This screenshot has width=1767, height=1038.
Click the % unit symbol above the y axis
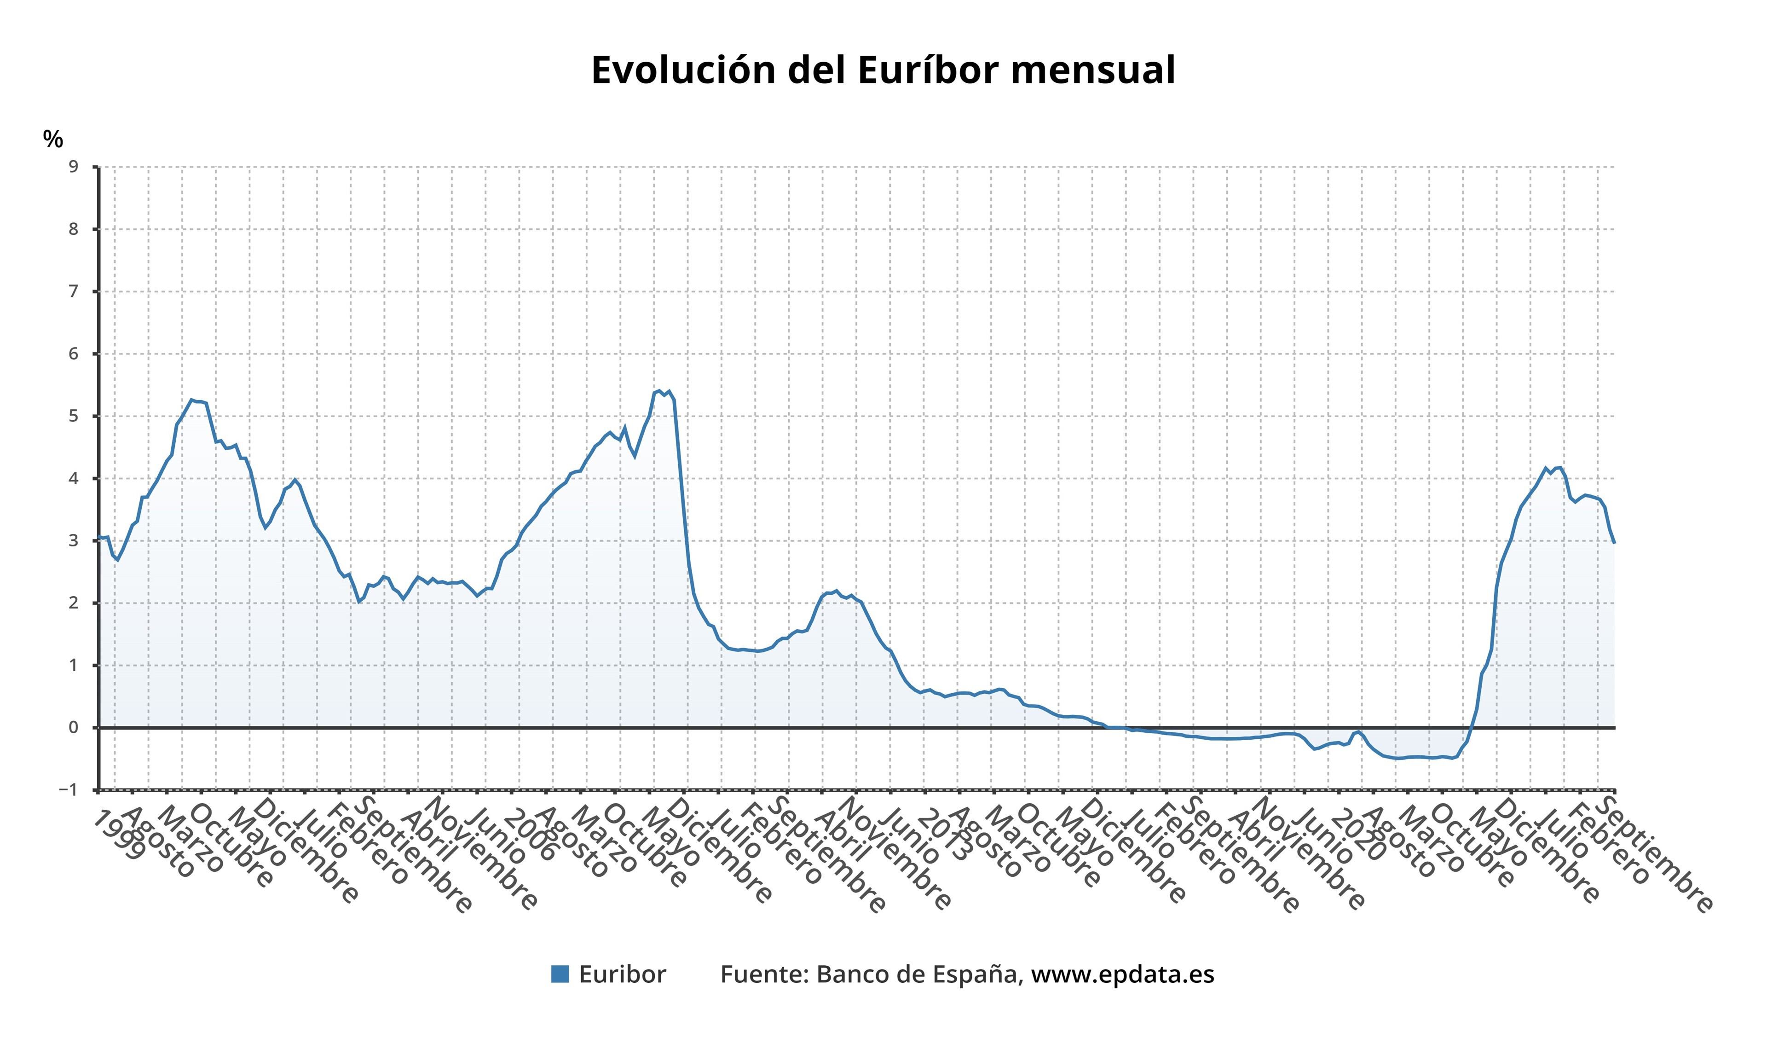click(52, 139)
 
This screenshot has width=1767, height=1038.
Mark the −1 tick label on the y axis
click(69, 790)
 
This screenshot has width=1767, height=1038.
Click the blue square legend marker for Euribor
click(560, 974)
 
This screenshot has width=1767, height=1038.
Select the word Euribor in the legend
click(622, 974)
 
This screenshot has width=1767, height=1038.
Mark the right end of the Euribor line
click(1614, 543)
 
